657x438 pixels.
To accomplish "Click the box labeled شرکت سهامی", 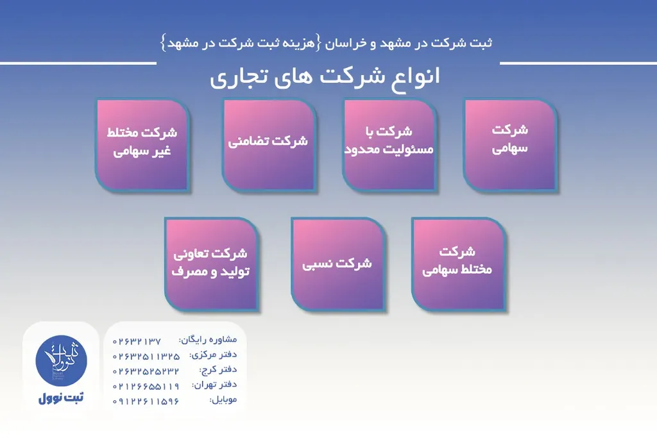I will [x=510, y=144].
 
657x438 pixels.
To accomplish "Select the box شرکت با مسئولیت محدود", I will [x=389, y=144].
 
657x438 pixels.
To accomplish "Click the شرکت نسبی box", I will [x=337, y=264].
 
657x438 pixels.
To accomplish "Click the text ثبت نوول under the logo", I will [x=60, y=398].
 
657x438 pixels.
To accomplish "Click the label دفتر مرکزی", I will [x=213, y=355].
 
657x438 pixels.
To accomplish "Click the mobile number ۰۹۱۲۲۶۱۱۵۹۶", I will [x=146, y=401].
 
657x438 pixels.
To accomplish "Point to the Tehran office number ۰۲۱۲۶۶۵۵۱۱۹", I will [x=146, y=385].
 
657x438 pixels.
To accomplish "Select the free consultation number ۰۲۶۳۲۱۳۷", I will [x=137, y=341].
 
